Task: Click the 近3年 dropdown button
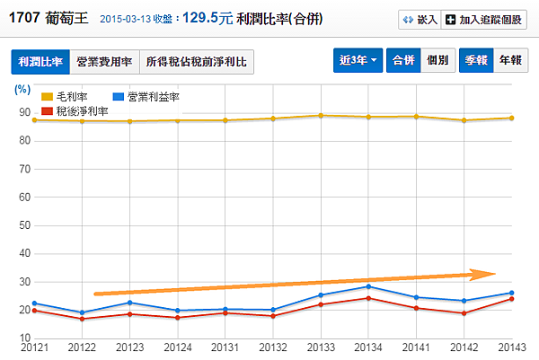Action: coord(358,61)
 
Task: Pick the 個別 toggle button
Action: coord(437,61)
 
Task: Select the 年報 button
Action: coord(509,61)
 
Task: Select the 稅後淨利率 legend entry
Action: coord(74,110)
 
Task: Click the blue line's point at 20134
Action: coord(367,286)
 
